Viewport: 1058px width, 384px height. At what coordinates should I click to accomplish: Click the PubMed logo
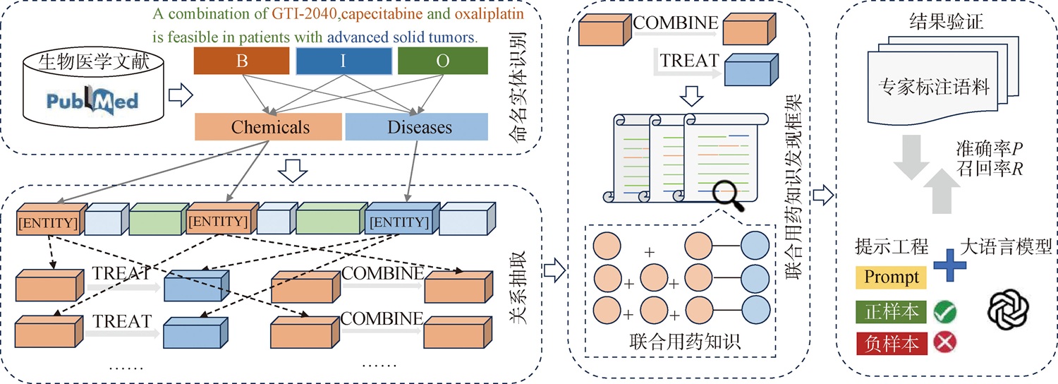pos(92,101)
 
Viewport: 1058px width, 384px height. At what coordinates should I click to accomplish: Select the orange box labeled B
pos(241,61)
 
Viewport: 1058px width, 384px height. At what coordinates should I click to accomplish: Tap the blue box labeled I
pos(344,61)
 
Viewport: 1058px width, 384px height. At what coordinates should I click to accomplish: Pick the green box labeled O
pos(442,61)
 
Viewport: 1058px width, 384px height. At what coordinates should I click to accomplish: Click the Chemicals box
pos(268,127)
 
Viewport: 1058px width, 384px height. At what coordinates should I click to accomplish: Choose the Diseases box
pos(417,127)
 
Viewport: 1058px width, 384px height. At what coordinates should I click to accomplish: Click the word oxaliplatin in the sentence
pos(490,13)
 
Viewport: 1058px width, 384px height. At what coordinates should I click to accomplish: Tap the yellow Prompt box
pos(891,277)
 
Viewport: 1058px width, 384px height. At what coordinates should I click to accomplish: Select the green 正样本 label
pos(891,312)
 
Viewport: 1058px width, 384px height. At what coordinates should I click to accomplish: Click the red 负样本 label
pos(891,343)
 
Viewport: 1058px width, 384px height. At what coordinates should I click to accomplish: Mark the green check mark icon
pos(945,311)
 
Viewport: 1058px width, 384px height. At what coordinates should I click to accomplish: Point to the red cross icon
pos(945,342)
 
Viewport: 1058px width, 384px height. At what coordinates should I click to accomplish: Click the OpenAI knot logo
pos(1009,309)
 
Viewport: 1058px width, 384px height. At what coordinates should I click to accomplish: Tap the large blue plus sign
pos(950,265)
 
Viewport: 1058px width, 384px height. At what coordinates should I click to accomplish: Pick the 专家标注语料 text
pos(934,87)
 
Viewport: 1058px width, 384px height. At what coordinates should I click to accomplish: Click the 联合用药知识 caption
pos(685,342)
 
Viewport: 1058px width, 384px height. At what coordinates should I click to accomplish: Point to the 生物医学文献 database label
pos(94,61)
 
